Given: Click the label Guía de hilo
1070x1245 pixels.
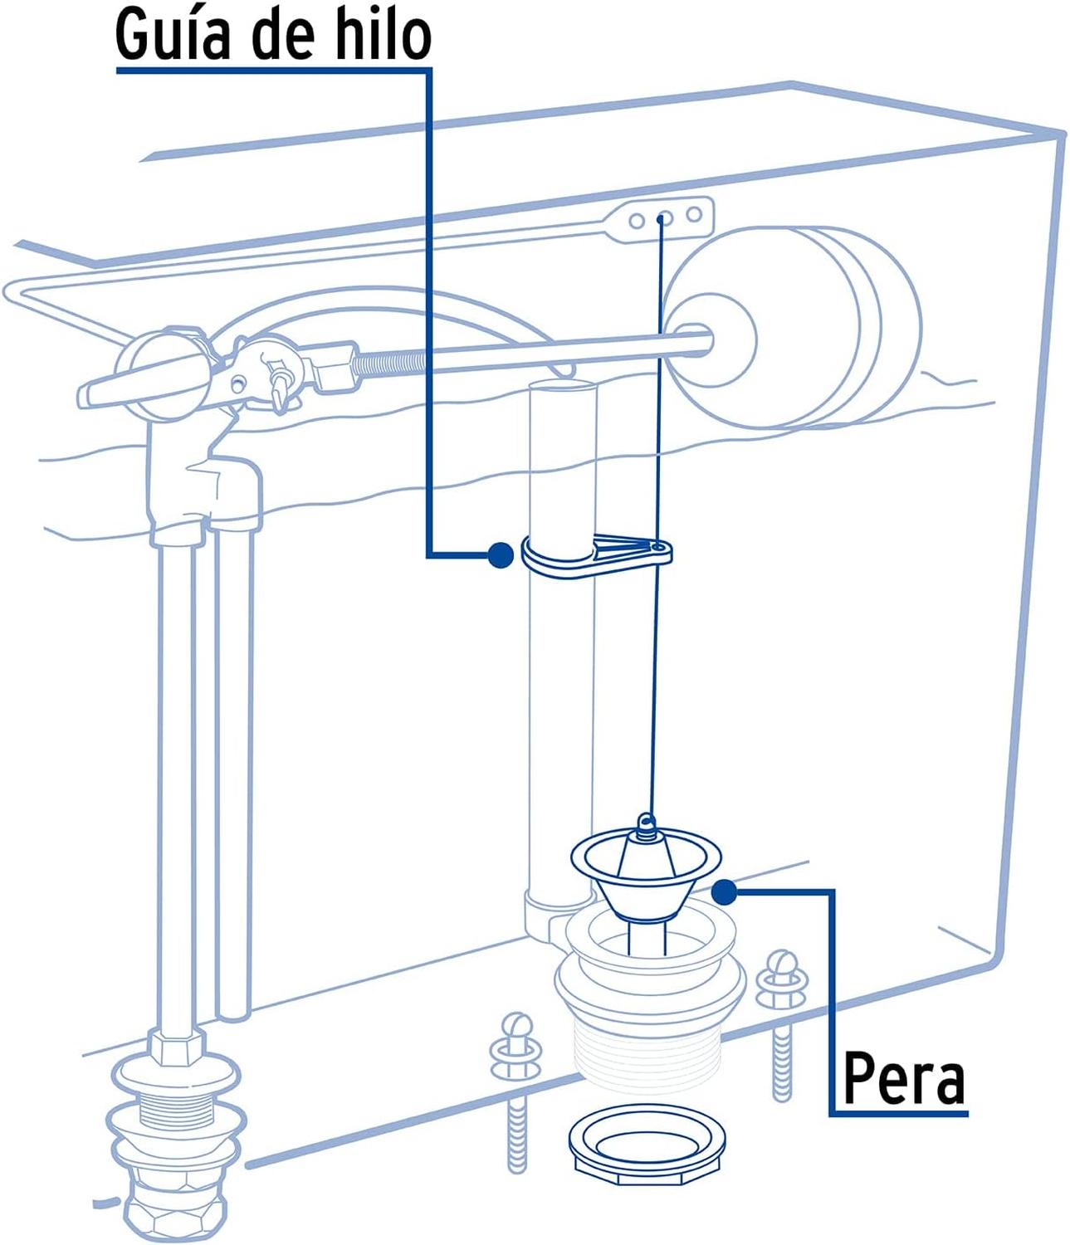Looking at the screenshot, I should point(273,34).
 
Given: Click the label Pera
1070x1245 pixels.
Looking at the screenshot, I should point(903,1079).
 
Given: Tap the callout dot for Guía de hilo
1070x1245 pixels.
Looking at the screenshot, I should point(500,555).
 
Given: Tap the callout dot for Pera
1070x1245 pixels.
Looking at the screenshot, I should point(725,892).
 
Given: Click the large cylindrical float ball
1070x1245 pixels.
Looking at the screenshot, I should point(797,328).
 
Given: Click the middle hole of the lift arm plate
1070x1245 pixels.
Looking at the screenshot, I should point(663,218).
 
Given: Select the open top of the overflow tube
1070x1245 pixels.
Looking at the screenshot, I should point(563,387).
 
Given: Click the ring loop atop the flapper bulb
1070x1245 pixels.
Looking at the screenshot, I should point(646,823).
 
